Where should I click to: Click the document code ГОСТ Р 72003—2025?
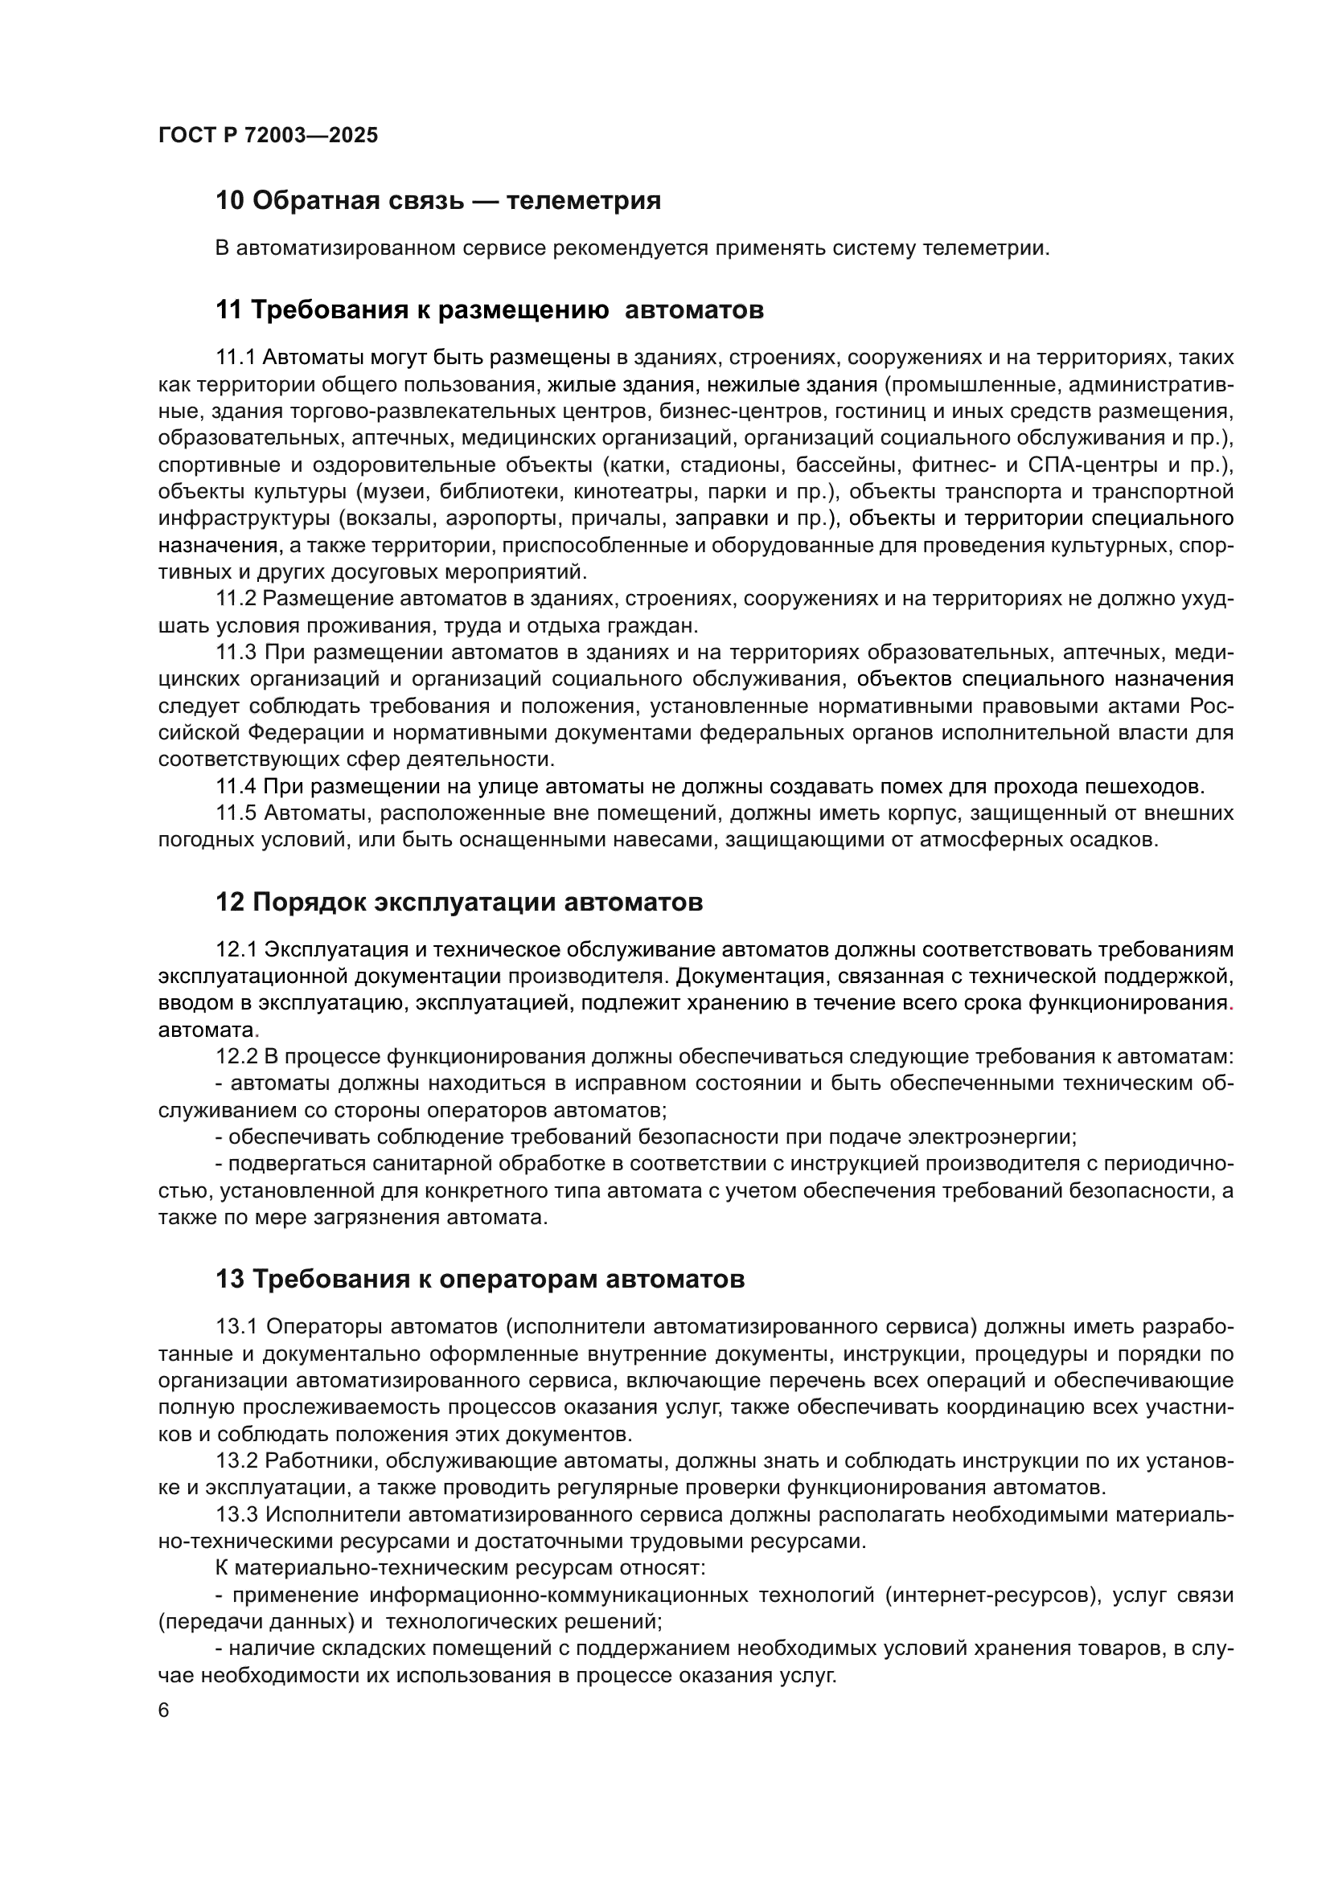[268, 135]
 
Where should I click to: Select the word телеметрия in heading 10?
[583, 201]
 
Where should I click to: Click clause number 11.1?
[236, 358]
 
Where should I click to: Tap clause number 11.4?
[236, 787]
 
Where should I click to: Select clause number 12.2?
[236, 1057]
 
